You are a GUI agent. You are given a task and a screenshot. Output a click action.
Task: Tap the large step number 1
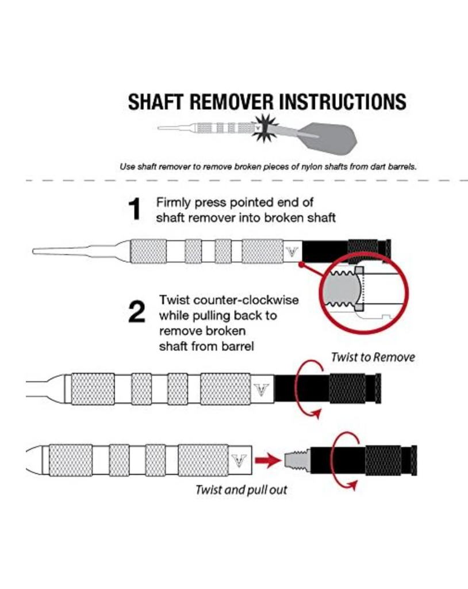click(x=134, y=209)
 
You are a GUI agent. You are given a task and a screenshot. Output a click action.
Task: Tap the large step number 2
click(x=136, y=312)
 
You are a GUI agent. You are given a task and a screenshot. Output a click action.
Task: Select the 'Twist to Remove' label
click(x=373, y=357)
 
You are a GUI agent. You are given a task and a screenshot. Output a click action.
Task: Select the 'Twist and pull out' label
click(x=241, y=490)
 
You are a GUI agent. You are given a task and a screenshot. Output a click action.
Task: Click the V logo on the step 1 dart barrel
click(x=291, y=251)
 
